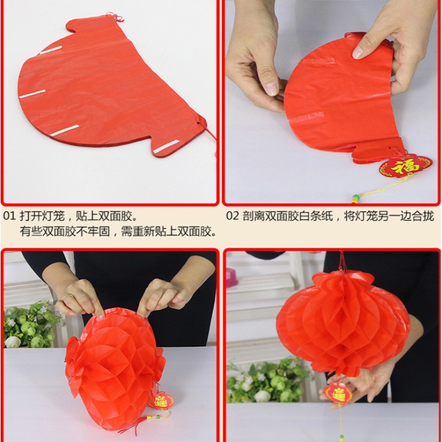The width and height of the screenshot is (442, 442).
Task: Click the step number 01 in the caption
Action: coord(9,217)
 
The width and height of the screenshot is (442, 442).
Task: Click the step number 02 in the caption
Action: coord(232,217)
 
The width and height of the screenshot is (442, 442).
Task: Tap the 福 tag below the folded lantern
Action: coord(405,166)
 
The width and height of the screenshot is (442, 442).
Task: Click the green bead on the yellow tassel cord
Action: coord(355,197)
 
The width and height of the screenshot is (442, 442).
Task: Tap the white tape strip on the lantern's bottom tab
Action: coord(166,146)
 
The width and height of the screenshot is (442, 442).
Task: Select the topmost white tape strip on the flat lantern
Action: coord(51,50)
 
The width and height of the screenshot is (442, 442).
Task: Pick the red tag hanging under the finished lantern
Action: coord(339,393)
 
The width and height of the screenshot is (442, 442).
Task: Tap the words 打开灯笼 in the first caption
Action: coord(42,217)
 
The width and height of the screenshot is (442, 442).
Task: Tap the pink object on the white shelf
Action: coord(231,278)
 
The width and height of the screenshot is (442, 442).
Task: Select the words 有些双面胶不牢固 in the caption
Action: coord(65,232)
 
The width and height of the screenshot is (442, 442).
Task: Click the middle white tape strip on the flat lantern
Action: coord(32,94)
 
